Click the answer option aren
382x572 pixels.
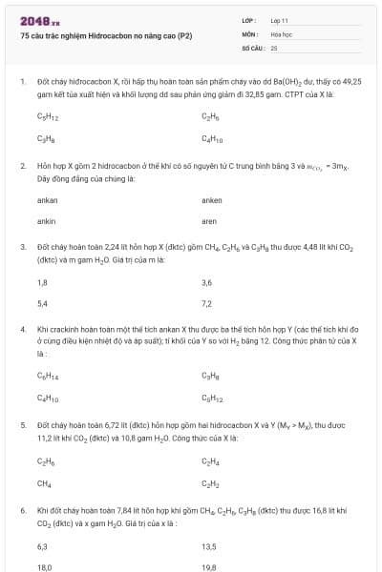211,221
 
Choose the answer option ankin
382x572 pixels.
46,221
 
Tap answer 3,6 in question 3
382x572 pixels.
207,283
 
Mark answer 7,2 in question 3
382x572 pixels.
207,304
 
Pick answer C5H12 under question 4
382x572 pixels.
213,397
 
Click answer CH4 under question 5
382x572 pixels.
44,482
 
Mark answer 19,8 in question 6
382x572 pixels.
209,566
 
